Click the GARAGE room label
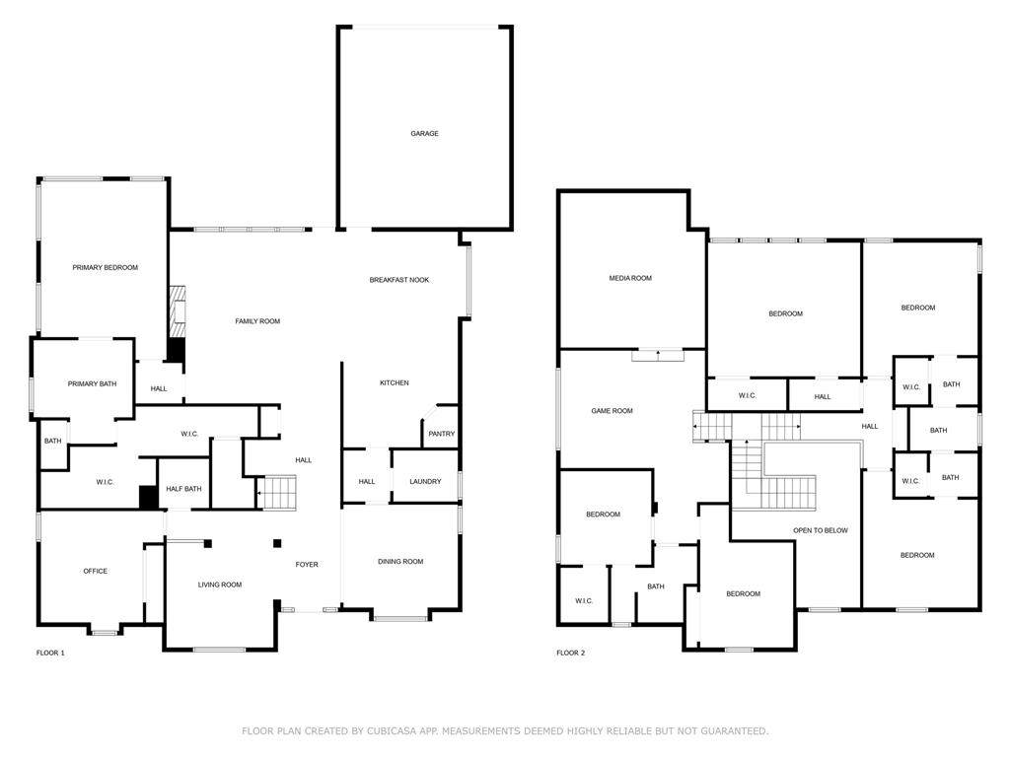point(424,134)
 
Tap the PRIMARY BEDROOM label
point(105,268)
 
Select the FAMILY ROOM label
point(257,321)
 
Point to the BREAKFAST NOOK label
point(399,280)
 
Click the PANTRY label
point(442,434)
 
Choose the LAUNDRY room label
point(425,481)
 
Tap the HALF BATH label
point(183,489)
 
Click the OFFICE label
point(96,571)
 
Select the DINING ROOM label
point(400,561)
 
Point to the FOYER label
point(307,565)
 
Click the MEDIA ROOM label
point(630,278)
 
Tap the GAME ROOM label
point(612,411)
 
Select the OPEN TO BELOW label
point(821,530)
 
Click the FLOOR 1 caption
point(50,653)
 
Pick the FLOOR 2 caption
point(571,653)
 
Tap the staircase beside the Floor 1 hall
point(276,493)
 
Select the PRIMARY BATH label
point(92,383)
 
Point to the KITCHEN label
point(395,383)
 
